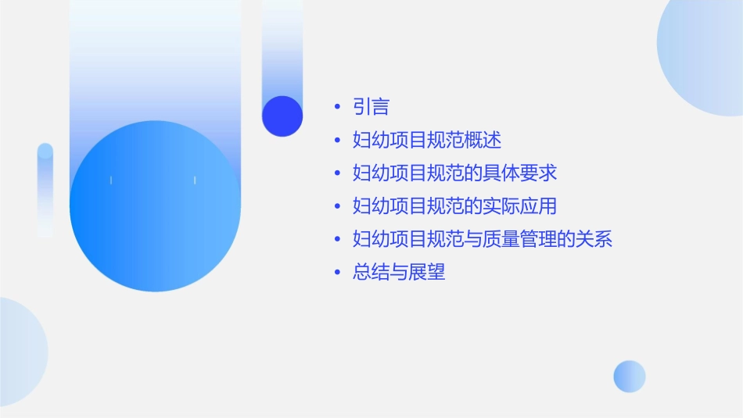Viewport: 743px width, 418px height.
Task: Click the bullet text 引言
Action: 371,107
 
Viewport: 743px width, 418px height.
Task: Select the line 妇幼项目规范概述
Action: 426,141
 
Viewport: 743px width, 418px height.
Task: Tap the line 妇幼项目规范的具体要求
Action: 454,173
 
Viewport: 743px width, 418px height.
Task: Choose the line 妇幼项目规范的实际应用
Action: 454,206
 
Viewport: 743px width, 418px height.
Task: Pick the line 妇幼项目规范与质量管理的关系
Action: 482,239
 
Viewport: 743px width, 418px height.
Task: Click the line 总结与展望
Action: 399,272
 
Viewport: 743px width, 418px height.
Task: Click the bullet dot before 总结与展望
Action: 337,273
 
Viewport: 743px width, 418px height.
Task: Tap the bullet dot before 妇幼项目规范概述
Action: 337,141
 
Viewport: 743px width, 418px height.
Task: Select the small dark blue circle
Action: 282,116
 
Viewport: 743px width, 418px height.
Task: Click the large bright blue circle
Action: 155,206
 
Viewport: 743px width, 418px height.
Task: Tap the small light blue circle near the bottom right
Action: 630,377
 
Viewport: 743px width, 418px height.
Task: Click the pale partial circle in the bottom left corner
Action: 19,352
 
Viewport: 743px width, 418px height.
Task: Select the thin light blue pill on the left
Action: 45,190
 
